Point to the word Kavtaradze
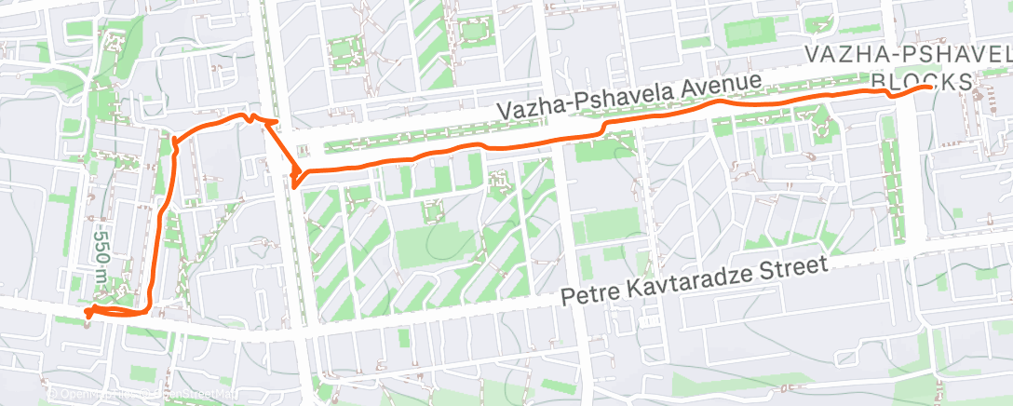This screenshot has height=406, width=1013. click(684, 280)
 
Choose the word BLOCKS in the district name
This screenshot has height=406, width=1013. click(922, 83)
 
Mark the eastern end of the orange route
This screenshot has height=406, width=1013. click(932, 87)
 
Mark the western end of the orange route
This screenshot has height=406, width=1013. click(88, 311)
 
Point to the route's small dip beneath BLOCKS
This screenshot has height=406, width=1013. click(893, 95)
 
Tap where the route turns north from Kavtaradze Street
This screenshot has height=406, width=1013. click(150, 311)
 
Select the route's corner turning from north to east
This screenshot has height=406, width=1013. click(175, 140)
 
